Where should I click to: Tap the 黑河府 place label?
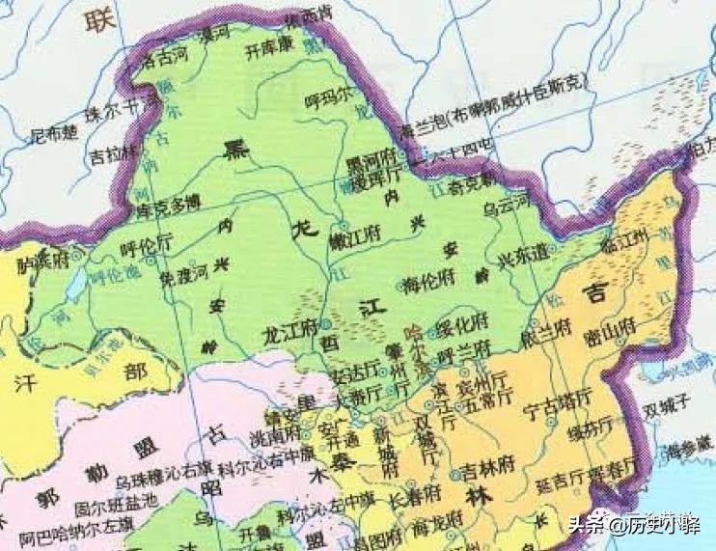pyautogui.click(x=372, y=157)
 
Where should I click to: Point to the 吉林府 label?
pyautogui.click(x=488, y=472)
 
